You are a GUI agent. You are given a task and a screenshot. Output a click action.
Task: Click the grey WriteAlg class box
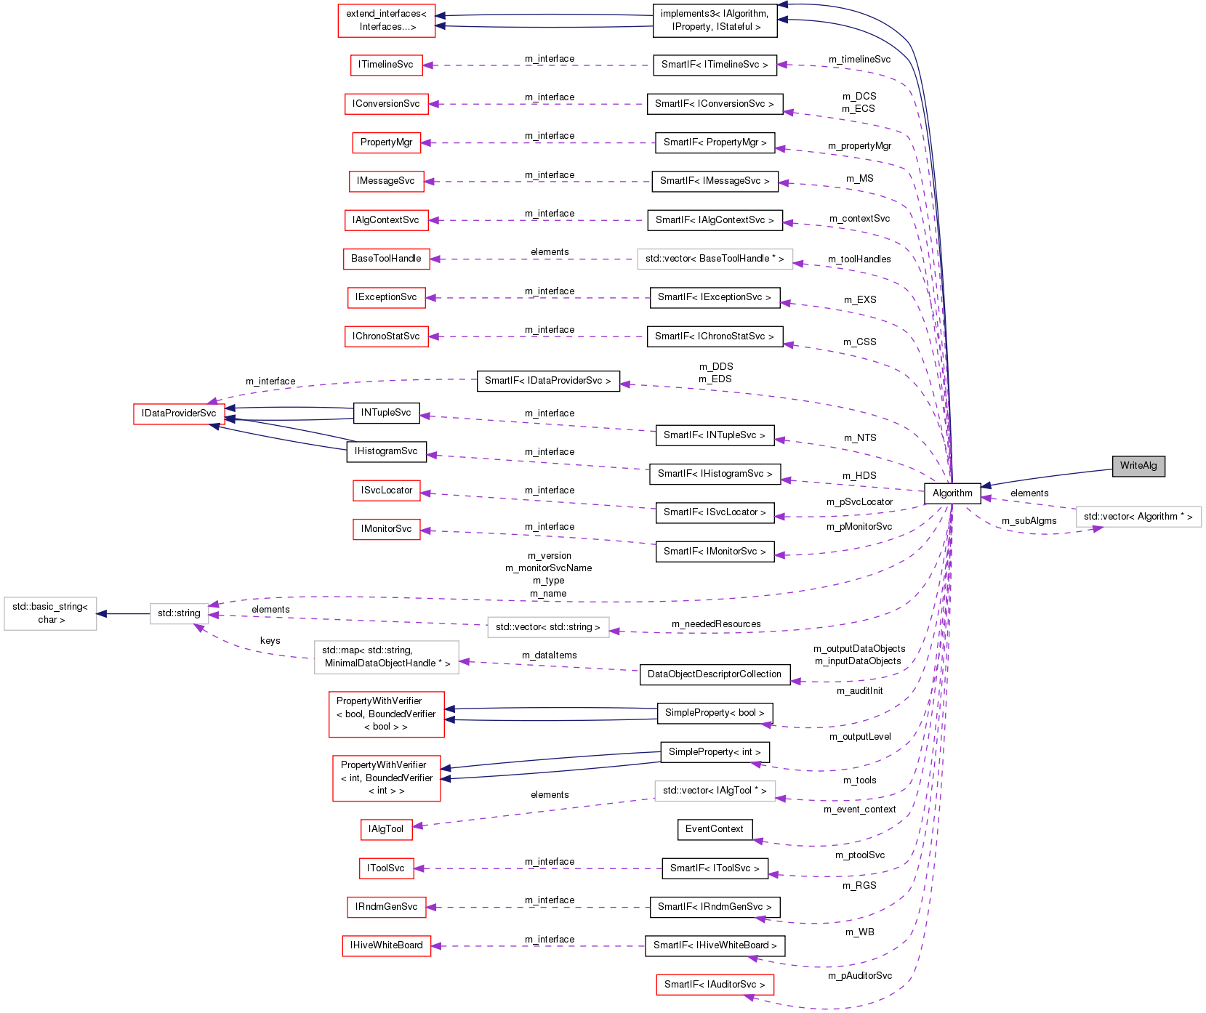(1138, 466)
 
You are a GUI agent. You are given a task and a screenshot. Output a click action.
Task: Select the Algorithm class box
(952, 493)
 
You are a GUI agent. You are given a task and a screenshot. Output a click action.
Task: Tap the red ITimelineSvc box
(385, 65)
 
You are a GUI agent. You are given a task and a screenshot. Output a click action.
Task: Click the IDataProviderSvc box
(179, 413)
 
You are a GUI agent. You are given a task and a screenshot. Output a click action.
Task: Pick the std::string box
(179, 613)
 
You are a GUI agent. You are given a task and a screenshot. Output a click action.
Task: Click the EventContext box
(714, 829)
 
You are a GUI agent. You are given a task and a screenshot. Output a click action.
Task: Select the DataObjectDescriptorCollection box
(714, 674)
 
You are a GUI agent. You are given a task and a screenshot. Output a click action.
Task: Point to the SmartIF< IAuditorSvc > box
(714, 985)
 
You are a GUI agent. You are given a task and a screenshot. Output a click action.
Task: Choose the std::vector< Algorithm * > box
(1138, 517)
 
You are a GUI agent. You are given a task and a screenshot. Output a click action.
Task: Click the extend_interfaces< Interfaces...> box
(386, 20)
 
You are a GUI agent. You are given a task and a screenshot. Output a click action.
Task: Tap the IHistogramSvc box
(386, 451)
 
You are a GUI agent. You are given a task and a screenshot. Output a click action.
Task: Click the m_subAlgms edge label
(1029, 521)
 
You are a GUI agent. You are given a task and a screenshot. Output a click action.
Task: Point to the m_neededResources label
(716, 624)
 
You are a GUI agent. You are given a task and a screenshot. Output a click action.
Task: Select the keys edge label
(270, 641)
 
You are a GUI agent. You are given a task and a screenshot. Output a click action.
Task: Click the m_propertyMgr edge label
(859, 146)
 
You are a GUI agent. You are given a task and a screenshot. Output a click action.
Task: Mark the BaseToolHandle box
(386, 259)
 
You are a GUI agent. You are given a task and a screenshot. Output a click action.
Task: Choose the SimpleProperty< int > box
(714, 752)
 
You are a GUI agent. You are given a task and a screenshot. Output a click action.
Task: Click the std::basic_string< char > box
(50, 613)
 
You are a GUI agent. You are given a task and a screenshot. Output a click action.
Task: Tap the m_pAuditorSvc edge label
(859, 976)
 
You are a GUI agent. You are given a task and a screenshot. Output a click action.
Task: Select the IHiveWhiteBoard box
(386, 945)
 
